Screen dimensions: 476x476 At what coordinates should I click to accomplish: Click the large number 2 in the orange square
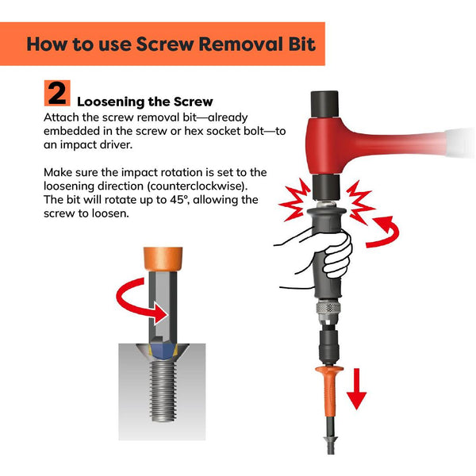pyautogui.click(x=57, y=94)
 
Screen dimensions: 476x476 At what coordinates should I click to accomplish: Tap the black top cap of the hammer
pyautogui.click(x=324, y=103)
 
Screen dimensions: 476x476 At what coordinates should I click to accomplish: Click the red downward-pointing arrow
pyautogui.click(x=357, y=389)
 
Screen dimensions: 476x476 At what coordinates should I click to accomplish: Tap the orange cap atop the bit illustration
pyautogui.click(x=163, y=259)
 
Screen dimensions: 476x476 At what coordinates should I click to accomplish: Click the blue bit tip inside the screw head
pyautogui.click(x=163, y=351)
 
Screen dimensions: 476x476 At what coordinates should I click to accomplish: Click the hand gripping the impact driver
pyautogui.click(x=322, y=255)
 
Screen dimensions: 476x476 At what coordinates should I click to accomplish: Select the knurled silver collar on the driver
pyautogui.click(x=327, y=307)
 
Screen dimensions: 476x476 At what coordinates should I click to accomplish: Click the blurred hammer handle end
pyautogui.click(x=459, y=143)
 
